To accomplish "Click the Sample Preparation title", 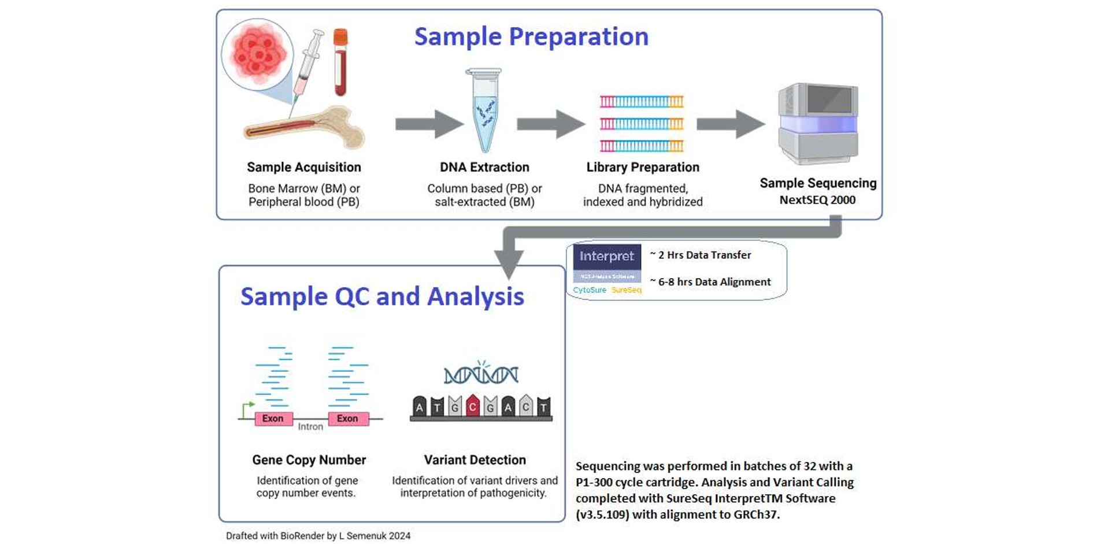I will pyautogui.click(x=531, y=36).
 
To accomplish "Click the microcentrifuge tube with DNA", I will pyautogui.click(x=484, y=110).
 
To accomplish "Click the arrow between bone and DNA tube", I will pyautogui.click(x=429, y=124).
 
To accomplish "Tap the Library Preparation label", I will pyautogui.click(x=643, y=167).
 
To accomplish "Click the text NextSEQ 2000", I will pyautogui.click(x=817, y=200).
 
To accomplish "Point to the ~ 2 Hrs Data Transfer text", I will pyautogui.click(x=701, y=255).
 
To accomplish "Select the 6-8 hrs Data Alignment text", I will pyautogui.click(x=710, y=282).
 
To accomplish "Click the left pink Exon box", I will pyautogui.click(x=273, y=419).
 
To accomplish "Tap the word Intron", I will pyautogui.click(x=310, y=427).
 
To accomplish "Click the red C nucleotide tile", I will pyautogui.click(x=473, y=406).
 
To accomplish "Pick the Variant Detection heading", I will pyautogui.click(x=475, y=460).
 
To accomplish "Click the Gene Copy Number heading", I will pyautogui.click(x=309, y=460).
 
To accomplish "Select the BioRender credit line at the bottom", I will pyautogui.click(x=318, y=536).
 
